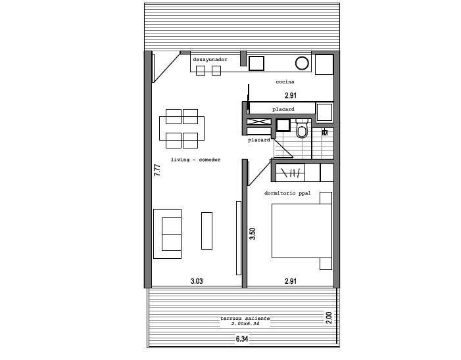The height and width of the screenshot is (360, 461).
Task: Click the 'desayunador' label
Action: coord(210,60)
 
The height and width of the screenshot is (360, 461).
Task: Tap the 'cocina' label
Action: coord(285,81)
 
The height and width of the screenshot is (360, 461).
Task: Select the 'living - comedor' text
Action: coord(195,160)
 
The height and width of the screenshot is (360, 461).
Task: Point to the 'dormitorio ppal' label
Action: coord(287,193)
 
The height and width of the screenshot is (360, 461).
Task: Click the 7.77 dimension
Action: coord(157,170)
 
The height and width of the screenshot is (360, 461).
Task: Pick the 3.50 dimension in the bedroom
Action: coord(253,234)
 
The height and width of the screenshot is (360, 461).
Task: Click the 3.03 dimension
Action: coord(197,281)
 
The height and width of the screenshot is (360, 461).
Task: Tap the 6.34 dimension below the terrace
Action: coord(241,339)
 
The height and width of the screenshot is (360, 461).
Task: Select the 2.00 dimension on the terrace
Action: coord(329,318)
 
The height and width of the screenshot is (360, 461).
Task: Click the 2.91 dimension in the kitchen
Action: coord(291,95)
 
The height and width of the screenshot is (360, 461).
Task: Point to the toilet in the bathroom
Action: coord(301,128)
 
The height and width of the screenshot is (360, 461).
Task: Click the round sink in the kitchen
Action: coord(302,63)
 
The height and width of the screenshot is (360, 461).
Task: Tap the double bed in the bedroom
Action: coord(302,231)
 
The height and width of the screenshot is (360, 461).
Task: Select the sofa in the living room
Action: coord(167,234)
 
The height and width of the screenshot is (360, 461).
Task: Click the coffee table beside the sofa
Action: coord(206,231)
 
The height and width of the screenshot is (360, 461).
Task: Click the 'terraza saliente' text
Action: coord(245,319)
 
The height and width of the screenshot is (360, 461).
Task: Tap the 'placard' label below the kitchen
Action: coord(283,109)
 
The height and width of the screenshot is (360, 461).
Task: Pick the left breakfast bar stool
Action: coord(201,70)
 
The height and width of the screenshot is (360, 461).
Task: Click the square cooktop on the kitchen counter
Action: coord(256,64)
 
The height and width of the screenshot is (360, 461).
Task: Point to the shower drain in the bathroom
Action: coord(325,133)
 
